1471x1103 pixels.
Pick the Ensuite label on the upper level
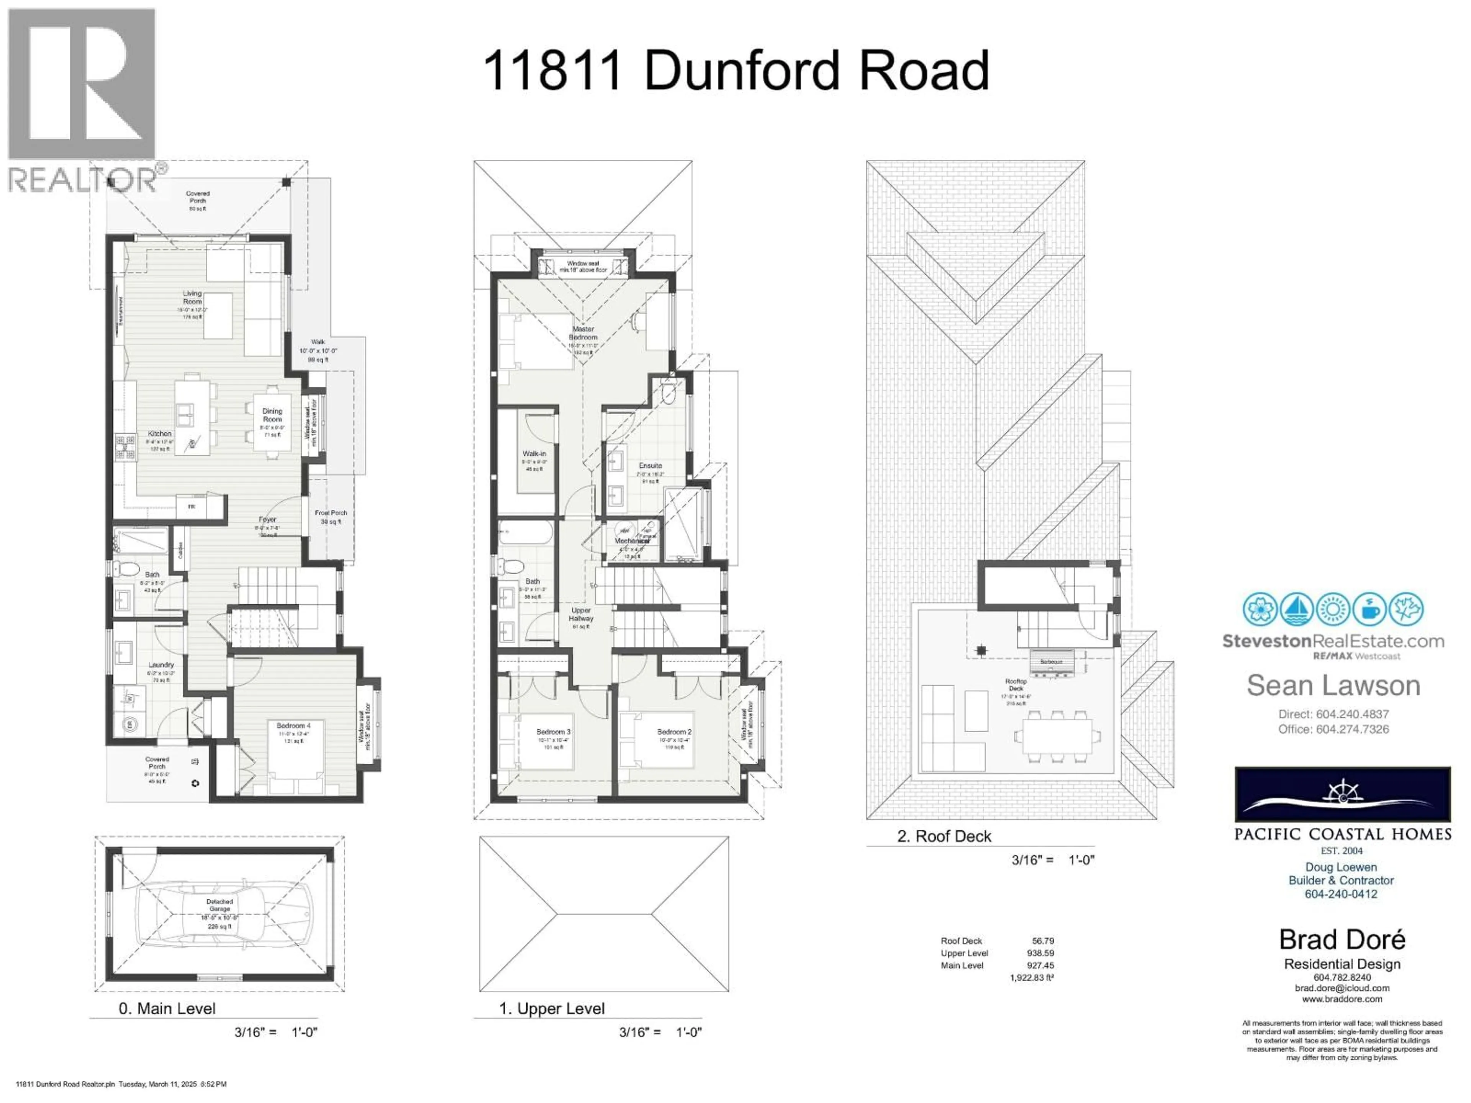tap(650, 466)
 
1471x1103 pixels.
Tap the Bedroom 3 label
tap(553, 732)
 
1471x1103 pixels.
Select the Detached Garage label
tap(220, 905)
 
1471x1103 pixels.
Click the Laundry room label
tap(161, 665)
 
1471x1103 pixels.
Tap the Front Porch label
tap(331, 513)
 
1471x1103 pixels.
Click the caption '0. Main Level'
tap(167, 1008)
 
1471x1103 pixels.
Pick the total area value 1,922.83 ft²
tap(1032, 978)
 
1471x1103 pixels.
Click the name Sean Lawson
tap(1333, 686)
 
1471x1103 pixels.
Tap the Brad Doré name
tap(1342, 939)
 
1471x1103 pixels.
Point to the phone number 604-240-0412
tap(1341, 894)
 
